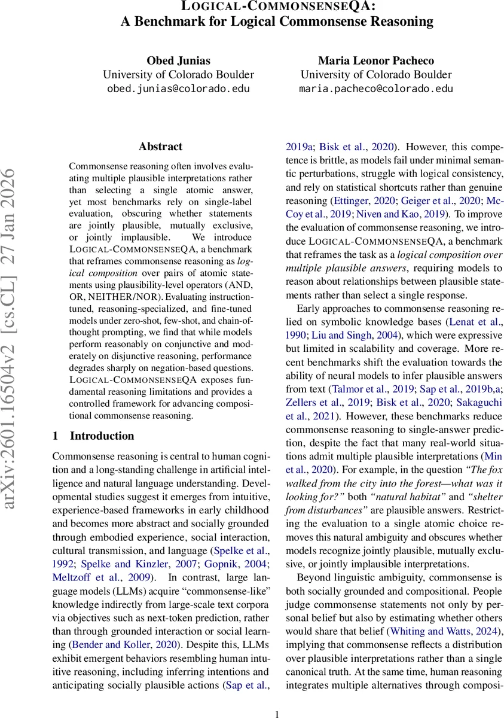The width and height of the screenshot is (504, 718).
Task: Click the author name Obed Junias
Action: pos(178,61)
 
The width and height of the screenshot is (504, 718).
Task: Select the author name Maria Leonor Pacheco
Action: pos(375,61)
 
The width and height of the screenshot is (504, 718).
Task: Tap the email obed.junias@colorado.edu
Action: pos(178,89)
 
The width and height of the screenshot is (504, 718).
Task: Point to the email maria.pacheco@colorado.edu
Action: pos(375,89)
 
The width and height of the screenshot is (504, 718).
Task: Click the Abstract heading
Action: pos(160,146)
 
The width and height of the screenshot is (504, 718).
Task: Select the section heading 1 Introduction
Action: pos(93,436)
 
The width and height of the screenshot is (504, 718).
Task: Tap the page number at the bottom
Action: pos(277,713)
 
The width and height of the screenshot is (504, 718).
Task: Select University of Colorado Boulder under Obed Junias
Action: pos(178,75)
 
